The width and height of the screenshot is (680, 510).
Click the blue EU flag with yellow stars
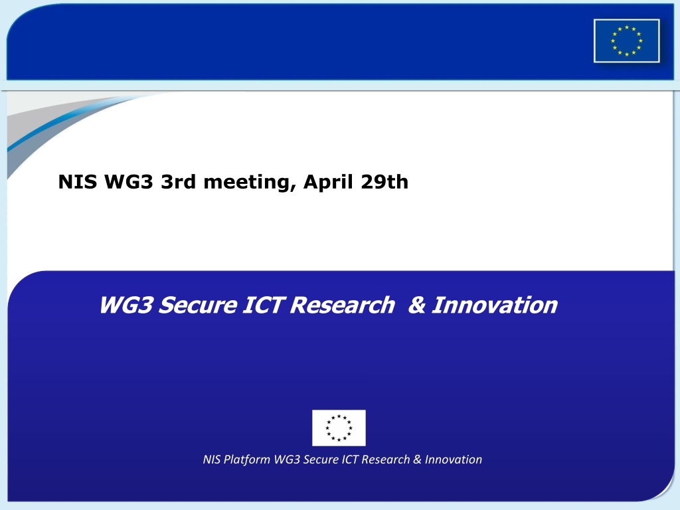pyautogui.click(x=627, y=41)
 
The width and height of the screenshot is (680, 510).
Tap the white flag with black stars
pyautogui.click(x=339, y=428)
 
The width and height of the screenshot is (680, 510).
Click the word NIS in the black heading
pyautogui.click(x=78, y=182)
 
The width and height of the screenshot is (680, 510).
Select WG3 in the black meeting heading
pyautogui.click(x=129, y=182)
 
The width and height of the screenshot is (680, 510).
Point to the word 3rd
pyautogui.click(x=178, y=182)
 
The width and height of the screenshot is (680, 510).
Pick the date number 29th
pyautogui.click(x=384, y=182)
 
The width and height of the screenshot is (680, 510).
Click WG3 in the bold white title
pyautogui.click(x=126, y=305)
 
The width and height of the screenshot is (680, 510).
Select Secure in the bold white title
pyautogui.click(x=197, y=305)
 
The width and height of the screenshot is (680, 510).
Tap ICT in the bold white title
pyautogui.click(x=263, y=305)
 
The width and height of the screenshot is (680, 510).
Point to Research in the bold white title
pyautogui.click(x=343, y=305)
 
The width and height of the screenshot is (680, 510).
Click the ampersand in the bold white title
pyautogui.click(x=417, y=305)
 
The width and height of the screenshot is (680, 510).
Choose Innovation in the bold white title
pyautogui.click(x=494, y=305)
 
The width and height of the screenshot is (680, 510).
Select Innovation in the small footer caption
pyautogui.click(x=453, y=460)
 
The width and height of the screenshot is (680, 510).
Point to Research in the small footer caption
pyautogui.click(x=386, y=460)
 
